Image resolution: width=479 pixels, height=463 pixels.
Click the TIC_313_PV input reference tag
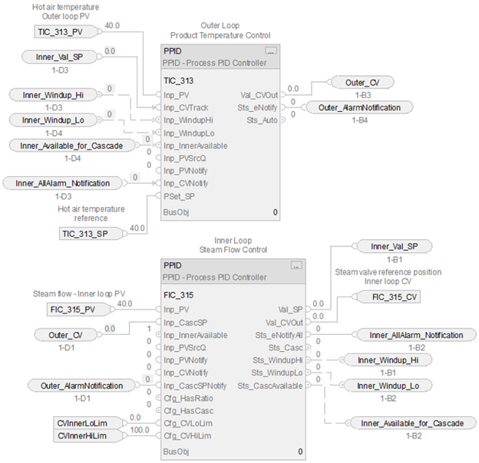coord(61,31)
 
